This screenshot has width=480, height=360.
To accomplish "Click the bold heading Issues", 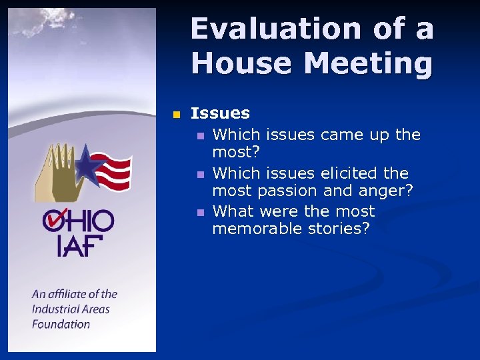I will pyautogui.click(x=220, y=114).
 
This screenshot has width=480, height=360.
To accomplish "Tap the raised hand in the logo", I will pyautogui.click(x=57, y=170).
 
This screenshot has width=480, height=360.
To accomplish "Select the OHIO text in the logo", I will pyautogui.click(x=78, y=221).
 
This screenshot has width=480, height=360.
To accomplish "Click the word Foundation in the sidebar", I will pyautogui.click(x=61, y=325).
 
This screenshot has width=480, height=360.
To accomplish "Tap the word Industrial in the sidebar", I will pyautogui.click(x=55, y=309).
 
